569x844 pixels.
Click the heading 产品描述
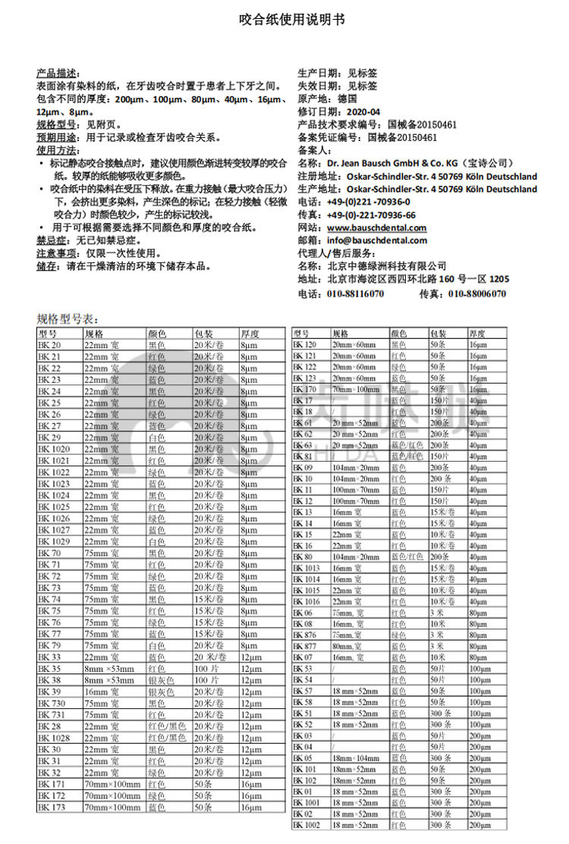pyautogui.click(x=56, y=74)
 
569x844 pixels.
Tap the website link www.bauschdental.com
pyautogui.click(x=377, y=227)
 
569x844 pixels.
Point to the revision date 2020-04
pyautogui.click(x=367, y=111)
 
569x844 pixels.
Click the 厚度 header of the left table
pyautogui.click(x=250, y=334)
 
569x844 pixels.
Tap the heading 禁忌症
pyautogui.click(x=52, y=240)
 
